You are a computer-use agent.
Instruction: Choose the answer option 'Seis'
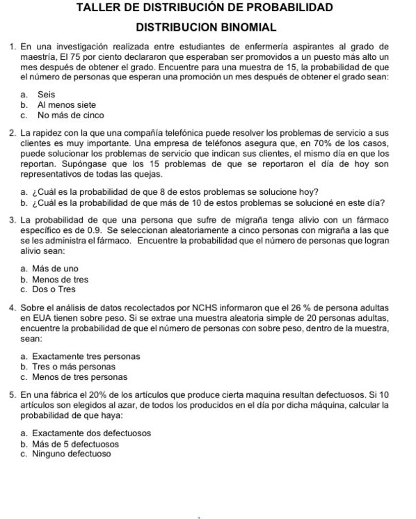[x=47, y=94]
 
